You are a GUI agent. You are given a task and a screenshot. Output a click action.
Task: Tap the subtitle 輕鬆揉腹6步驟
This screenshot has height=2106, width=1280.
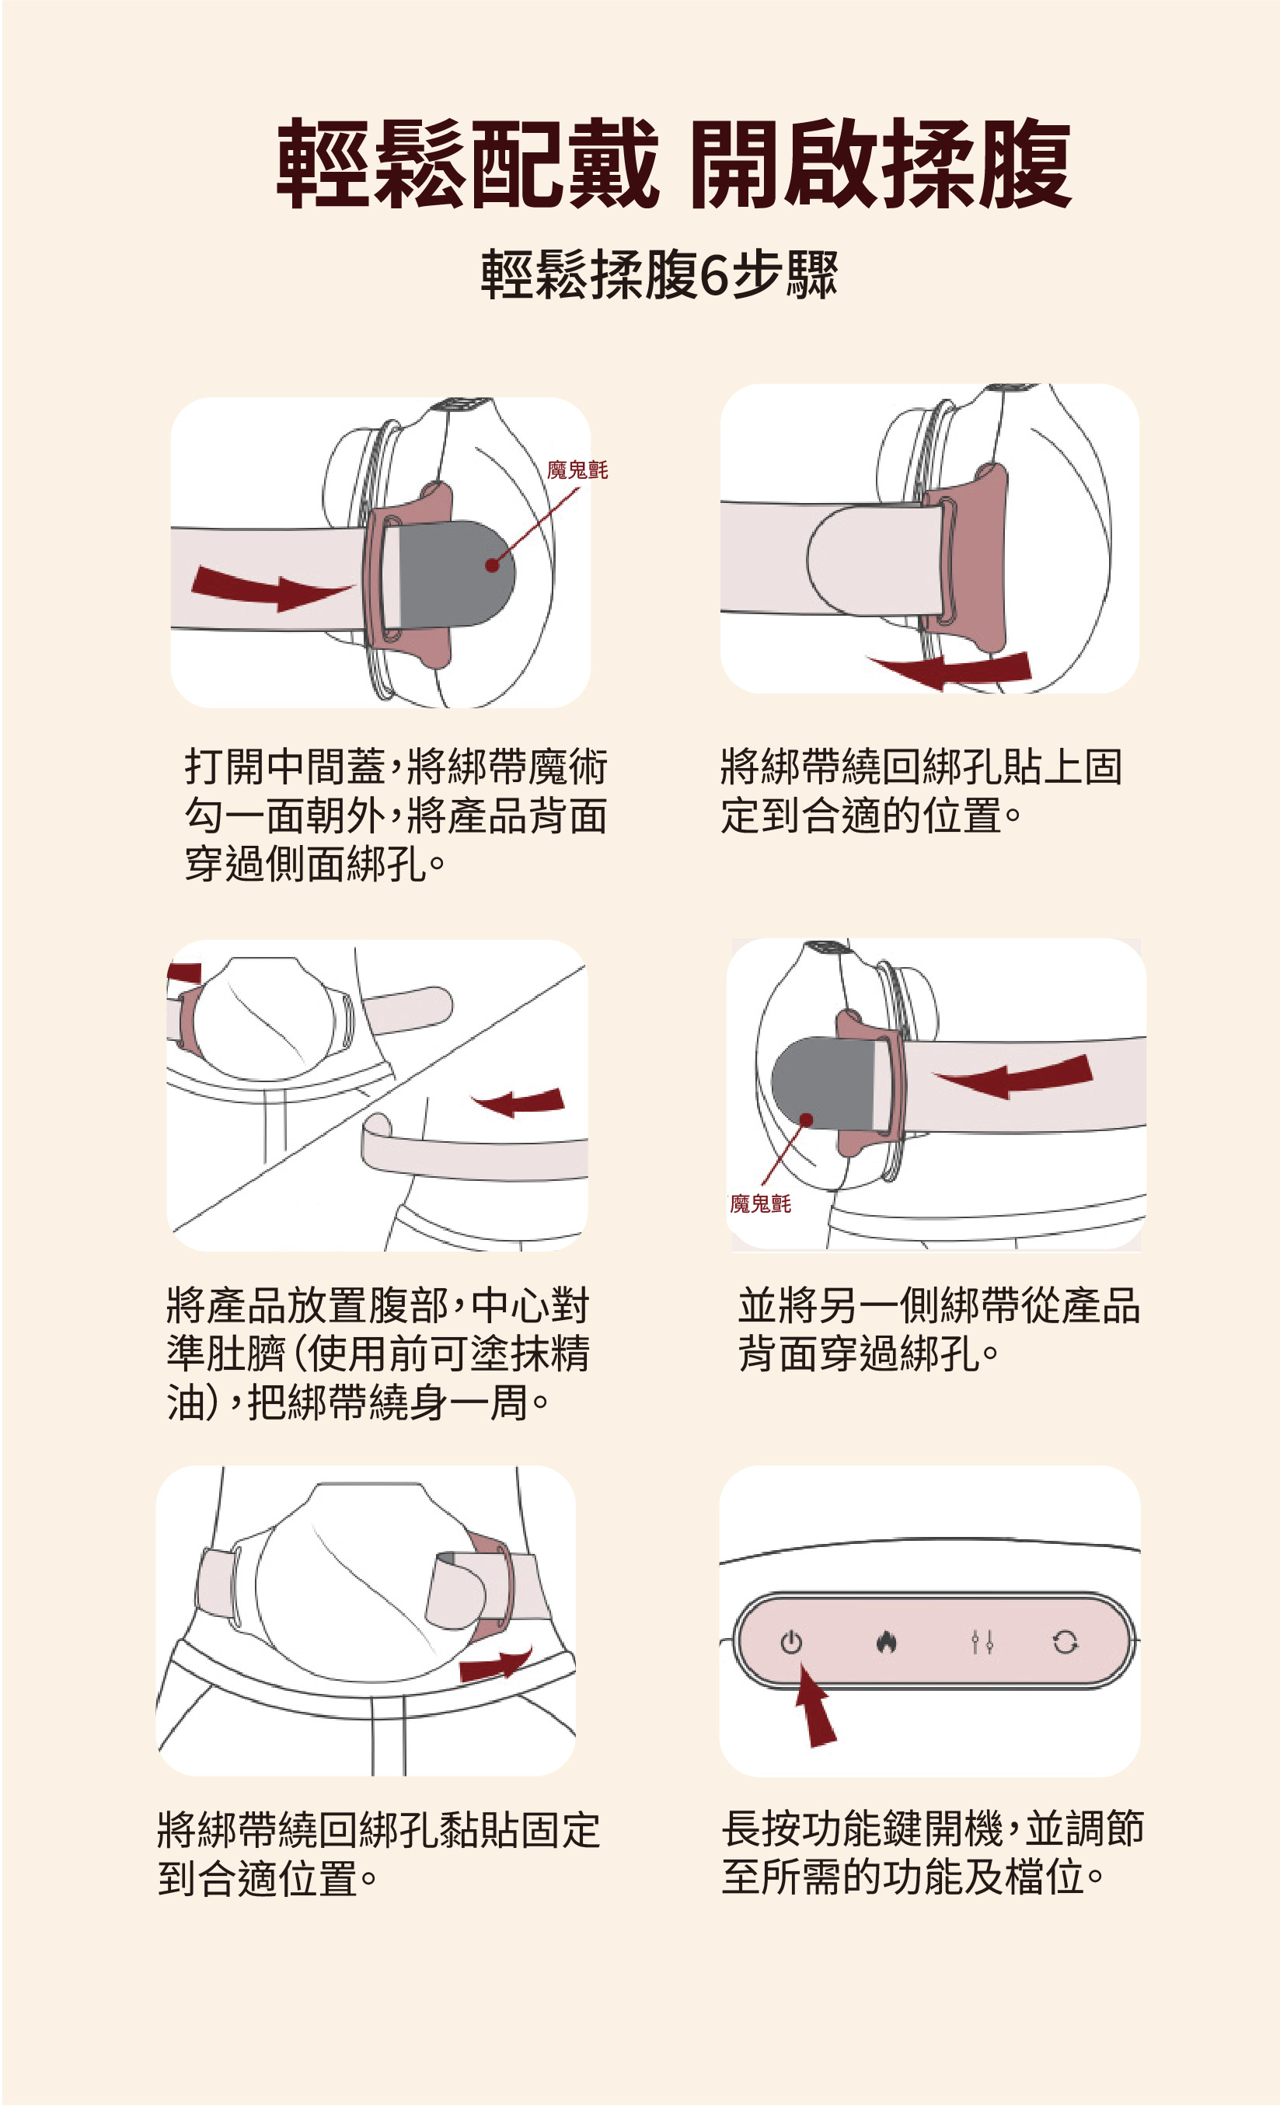(659, 274)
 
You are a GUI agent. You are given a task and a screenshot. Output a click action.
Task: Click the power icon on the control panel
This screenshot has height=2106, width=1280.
(790, 1642)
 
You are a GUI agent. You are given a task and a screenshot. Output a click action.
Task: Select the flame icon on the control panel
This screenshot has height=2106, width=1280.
(885, 1642)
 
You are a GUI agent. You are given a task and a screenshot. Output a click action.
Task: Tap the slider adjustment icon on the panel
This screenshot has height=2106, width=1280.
(982, 1642)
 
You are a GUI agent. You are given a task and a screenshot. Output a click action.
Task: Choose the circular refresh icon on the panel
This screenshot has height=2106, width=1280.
(1065, 1642)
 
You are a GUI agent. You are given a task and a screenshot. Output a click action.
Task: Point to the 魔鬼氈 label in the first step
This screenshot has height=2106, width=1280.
(577, 470)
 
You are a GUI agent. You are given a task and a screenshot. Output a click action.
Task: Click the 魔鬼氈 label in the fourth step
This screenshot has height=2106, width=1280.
(761, 1203)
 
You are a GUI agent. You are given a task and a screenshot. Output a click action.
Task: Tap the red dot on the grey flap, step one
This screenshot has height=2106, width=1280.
(492, 565)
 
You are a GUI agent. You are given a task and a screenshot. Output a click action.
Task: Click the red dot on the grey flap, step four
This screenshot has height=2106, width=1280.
(806, 1119)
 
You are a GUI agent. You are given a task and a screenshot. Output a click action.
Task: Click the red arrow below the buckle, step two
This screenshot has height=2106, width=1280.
(948, 669)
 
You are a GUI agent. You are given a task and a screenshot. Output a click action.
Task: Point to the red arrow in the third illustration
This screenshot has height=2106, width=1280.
(518, 1102)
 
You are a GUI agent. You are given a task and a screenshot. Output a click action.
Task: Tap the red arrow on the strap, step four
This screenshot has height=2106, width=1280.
(1013, 1076)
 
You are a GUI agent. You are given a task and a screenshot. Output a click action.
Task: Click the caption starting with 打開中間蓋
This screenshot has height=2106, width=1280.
(396, 815)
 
